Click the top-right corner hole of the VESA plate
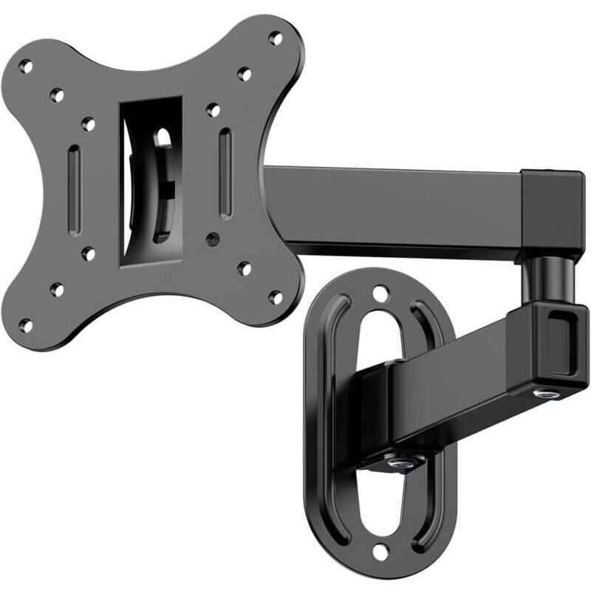click(276, 38)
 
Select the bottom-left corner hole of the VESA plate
click(26, 324)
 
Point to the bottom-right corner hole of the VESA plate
click(276, 298)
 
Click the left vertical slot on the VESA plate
click(74, 191)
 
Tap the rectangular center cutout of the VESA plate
click(151, 181)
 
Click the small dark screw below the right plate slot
click(213, 240)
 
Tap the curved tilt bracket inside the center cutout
click(159, 185)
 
